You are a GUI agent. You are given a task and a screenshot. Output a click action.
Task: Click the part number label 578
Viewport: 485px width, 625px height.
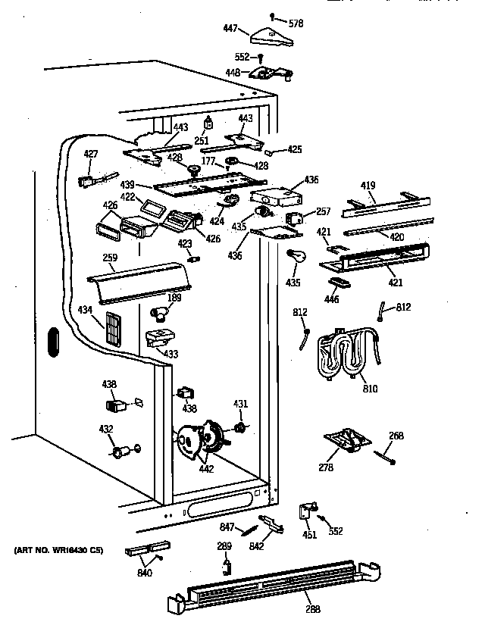click(x=296, y=24)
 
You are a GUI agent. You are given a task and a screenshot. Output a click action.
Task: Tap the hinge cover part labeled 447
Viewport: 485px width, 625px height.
click(x=269, y=33)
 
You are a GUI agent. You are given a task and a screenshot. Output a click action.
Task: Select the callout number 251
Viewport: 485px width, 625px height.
click(x=202, y=141)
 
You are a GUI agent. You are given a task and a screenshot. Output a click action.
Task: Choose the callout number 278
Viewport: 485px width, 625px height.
click(x=325, y=468)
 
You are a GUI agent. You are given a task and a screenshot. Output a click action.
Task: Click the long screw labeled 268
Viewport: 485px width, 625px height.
click(x=386, y=455)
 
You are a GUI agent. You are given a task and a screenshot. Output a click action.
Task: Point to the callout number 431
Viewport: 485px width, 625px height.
click(x=239, y=404)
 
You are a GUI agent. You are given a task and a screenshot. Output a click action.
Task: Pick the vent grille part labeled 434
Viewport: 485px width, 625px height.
click(x=113, y=328)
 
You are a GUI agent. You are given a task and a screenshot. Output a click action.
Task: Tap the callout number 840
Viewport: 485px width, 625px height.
click(x=145, y=572)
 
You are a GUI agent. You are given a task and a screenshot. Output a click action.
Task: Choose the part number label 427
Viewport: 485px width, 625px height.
click(x=90, y=154)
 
